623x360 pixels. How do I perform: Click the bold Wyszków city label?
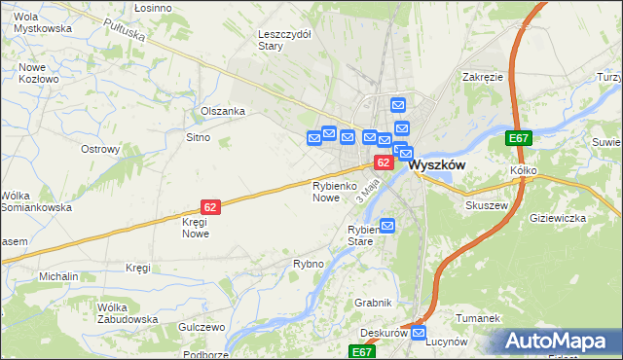tap(437, 165)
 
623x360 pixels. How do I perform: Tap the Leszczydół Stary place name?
tap(284, 39)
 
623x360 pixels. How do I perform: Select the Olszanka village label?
tap(223, 111)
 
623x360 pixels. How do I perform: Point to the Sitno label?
tap(198, 138)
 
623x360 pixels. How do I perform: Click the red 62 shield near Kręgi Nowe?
tap(211, 206)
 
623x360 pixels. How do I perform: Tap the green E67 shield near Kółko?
tap(519, 139)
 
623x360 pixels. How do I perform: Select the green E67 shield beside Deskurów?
tap(363, 351)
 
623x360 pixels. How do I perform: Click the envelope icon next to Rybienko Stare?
tap(387, 227)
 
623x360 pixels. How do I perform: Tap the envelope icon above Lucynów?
tap(419, 334)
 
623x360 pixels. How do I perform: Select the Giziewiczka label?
tap(558, 218)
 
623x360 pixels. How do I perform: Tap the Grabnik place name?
tap(373, 303)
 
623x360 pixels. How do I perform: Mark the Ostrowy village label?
tap(100, 150)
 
